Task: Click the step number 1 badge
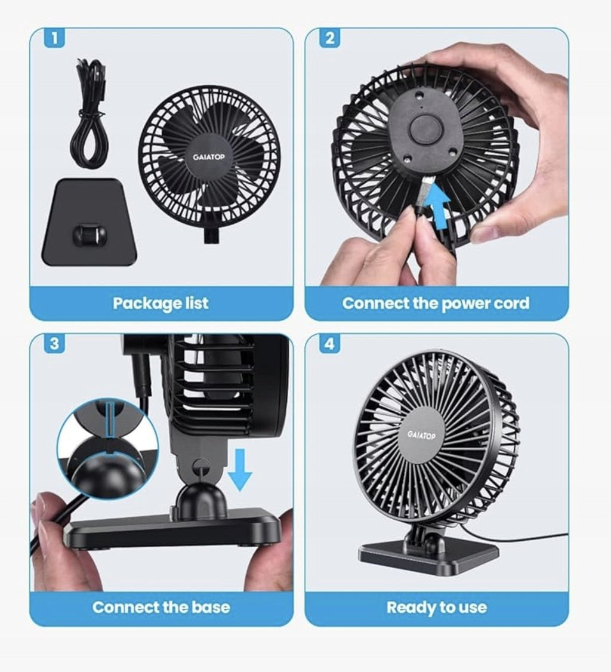tap(54, 38)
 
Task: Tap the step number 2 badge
tap(329, 38)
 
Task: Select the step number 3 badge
tap(54, 344)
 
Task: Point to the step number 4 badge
tap(329, 344)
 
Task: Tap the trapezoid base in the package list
tap(90, 222)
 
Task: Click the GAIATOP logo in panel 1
tap(209, 157)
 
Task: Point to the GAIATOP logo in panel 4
tap(421, 436)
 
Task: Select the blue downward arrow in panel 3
tap(240, 470)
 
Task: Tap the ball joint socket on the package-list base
tap(89, 234)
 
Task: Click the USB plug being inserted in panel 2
tap(424, 193)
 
